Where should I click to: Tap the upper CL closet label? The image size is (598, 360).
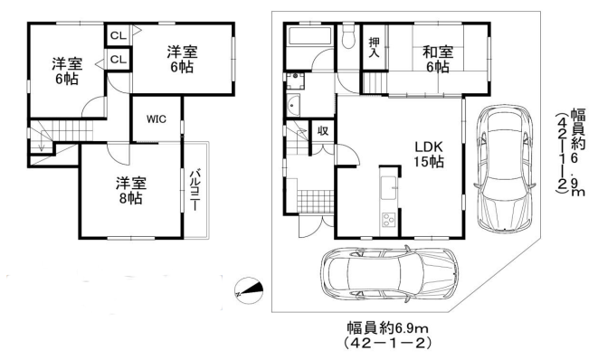(118, 35)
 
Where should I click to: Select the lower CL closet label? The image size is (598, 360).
(118, 59)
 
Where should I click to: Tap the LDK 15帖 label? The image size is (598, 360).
(428, 153)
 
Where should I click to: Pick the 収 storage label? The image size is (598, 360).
(322, 130)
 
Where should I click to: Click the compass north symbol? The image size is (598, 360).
(248, 290)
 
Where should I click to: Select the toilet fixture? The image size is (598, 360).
(348, 38)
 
